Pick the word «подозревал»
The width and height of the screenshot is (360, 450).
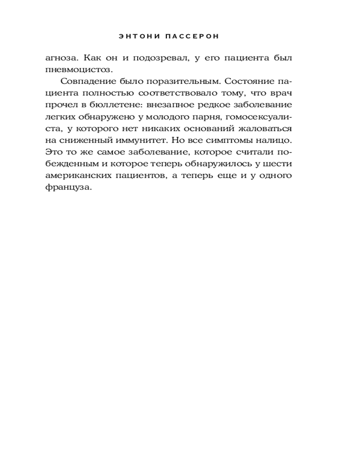pos(159,58)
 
